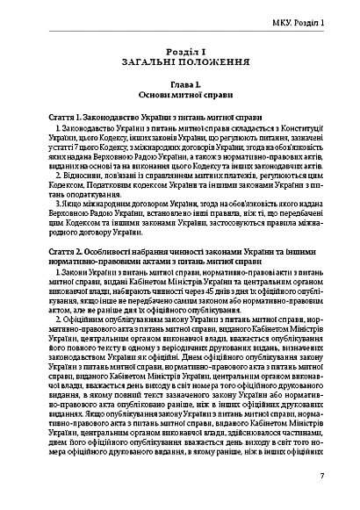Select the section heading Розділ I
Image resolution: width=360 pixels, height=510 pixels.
180,53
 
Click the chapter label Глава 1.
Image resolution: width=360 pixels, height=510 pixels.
180,87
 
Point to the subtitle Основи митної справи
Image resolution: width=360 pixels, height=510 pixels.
180,97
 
